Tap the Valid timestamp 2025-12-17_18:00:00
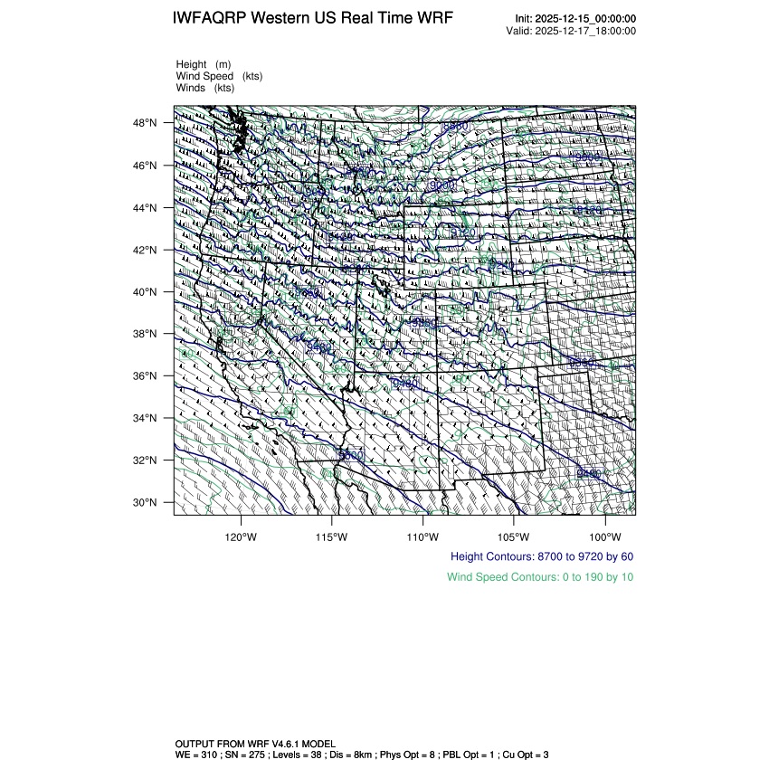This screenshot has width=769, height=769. point(586,31)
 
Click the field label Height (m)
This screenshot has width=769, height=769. point(204,64)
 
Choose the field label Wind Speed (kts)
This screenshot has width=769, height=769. point(219,76)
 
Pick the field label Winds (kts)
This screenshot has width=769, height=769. point(205,88)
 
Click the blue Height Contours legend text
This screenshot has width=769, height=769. point(541,557)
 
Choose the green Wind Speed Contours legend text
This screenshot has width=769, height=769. point(540,577)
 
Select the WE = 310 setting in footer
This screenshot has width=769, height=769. point(196,754)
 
